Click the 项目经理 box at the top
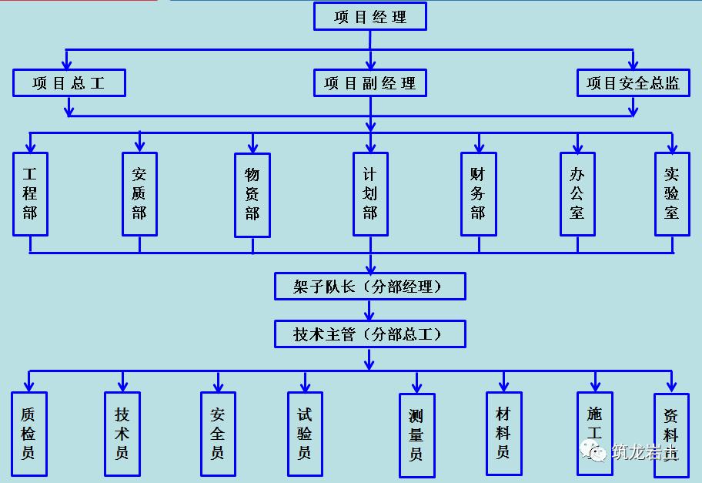tap(369, 17)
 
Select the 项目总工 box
tap(69, 83)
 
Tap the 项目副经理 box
tap(369, 83)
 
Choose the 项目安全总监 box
tap(633, 83)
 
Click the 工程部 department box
tap(30, 194)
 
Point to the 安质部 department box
tap(139, 194)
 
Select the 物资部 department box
tap(252, 195)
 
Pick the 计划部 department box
tap(370, 194)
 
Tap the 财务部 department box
tap(478, 194)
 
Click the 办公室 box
tap(577, 194)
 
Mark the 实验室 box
tap(672, 194)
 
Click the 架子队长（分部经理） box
tap(370, 287)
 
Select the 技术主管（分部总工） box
tap(370, 334)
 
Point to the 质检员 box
tap(28, 434)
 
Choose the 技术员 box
tap(122, 434)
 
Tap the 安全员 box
tap(218, 434)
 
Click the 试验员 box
tap(305, 434)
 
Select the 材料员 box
tap(503, 434)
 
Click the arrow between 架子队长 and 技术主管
tap(370, 310)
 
